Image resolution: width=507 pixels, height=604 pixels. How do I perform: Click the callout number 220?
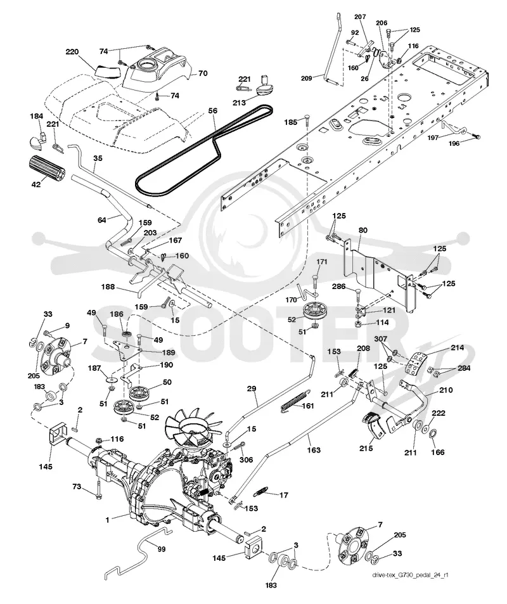[x=72, y=51]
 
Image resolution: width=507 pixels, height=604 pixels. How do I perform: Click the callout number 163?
[x=314, y=449]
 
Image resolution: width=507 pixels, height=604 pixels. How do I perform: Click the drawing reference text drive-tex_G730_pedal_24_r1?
[x=410, y=575]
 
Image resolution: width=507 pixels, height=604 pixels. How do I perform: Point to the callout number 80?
[x=363, y=230]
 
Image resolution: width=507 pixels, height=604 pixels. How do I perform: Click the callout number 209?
[x=307, y=78]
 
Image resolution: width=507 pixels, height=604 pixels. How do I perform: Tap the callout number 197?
[x=433, y=137]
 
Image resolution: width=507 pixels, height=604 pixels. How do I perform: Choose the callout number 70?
[x=203, y=73]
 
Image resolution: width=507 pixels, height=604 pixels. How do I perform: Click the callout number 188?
[x=108, y=286]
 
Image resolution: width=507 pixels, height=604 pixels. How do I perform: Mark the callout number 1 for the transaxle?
[x=108, y=520]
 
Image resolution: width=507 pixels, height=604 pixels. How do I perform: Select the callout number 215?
[x=366, y=448]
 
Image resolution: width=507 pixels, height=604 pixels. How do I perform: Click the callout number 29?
[x=252, y=389]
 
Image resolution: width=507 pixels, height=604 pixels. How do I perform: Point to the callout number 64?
[x=101, y=220]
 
